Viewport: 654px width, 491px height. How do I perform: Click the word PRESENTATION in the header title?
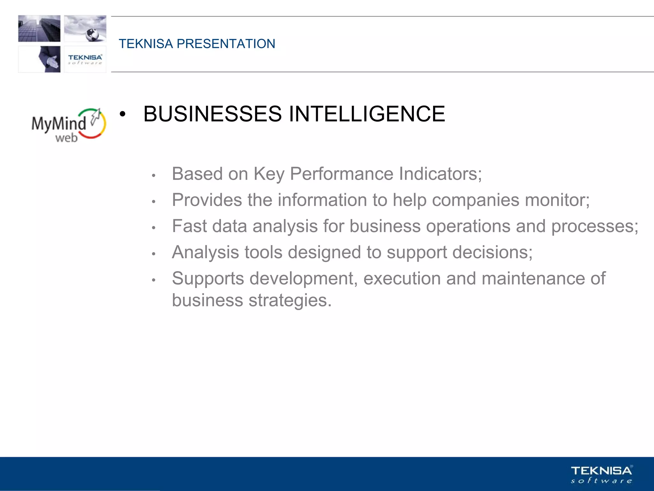click(x=226, y=44)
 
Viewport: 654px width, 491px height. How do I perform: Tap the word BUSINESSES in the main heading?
click(x=212, y=114)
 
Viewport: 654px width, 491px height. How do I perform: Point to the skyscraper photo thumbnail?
click(x=39, y=28)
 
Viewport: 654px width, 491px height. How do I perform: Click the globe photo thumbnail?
click(x=85, y=28)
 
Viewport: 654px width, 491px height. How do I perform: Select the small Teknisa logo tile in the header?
click(x=85, y=59)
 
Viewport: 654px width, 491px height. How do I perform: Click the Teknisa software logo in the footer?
click(x=601, y=474)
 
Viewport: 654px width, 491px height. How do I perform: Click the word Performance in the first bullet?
click(x=341, y=174)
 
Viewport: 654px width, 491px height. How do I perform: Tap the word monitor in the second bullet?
click(x=557, y=200)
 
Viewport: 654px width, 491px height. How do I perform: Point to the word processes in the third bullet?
click(x=594, y=226)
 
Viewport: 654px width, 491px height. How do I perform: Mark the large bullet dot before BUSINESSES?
click(x=122, y=114)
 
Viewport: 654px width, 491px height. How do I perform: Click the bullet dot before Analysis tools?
click(x=154, y=254)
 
